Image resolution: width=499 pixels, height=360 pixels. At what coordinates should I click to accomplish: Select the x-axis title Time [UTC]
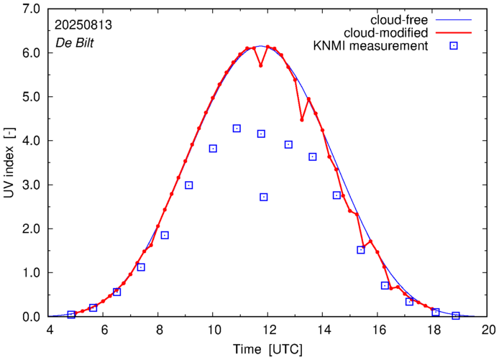(x=267, y=349)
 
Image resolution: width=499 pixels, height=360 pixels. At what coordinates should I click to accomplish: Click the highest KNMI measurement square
(x=237, y=129)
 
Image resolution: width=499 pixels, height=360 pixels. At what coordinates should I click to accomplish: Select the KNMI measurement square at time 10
(x=213, y=149)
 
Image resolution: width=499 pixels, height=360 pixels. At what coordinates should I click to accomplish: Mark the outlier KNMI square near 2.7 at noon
(x=264, y=197)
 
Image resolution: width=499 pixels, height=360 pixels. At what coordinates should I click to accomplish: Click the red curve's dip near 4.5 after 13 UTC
(x=302, y=119)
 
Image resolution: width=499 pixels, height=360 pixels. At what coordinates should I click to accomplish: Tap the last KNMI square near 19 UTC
(x=456, y=315)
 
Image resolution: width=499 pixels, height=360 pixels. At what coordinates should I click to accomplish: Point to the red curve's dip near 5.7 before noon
(x=261, y=65)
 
